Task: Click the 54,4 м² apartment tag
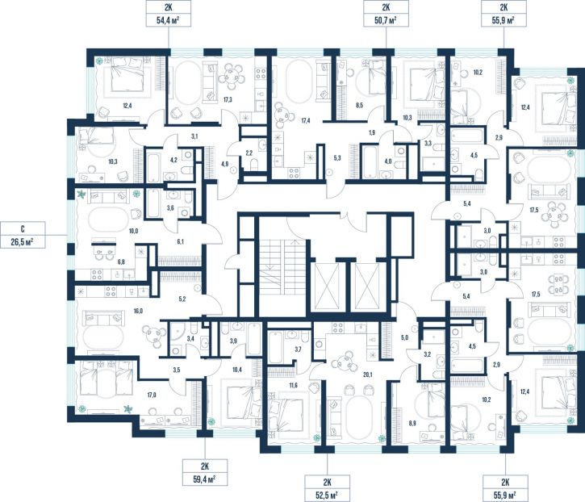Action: [x=169, y=14]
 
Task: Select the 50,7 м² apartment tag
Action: [x=386, y=14]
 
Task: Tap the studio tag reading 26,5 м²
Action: [x=23, y=235]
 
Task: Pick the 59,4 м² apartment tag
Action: [x=205, y=472]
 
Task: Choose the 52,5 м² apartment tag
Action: [x=328, y=487]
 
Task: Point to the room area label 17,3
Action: [x=228, y=99]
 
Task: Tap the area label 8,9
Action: [x=412, y=423]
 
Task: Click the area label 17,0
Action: [x=151, y=395]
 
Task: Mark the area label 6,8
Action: [x=121, y=262]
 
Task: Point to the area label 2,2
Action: [x=249, y=153]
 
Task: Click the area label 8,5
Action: [x=359, y=106]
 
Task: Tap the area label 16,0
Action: [x=138, y=311]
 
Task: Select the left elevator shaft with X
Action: [x=327, y=287]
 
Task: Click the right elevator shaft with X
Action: [x=367, y=287]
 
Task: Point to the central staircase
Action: [x=282, y=277]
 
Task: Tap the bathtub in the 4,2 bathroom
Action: [x=153, y=166]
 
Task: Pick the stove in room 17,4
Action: [x=295, y=173]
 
